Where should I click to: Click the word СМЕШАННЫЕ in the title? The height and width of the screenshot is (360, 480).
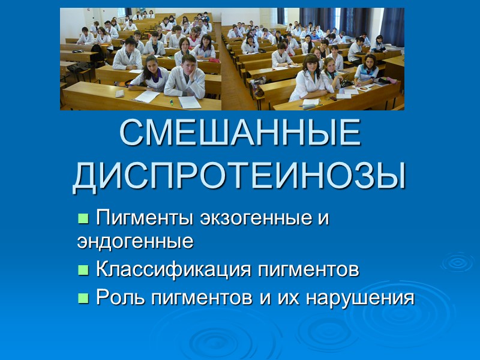coord(240,136)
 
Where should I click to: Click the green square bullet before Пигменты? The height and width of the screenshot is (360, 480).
coord(83,217)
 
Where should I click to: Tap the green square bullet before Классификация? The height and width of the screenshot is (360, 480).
coord(83,270)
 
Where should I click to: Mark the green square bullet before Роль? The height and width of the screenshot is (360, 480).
coord(83,298)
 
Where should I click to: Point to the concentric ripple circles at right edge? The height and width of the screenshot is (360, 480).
coord(457,262)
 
